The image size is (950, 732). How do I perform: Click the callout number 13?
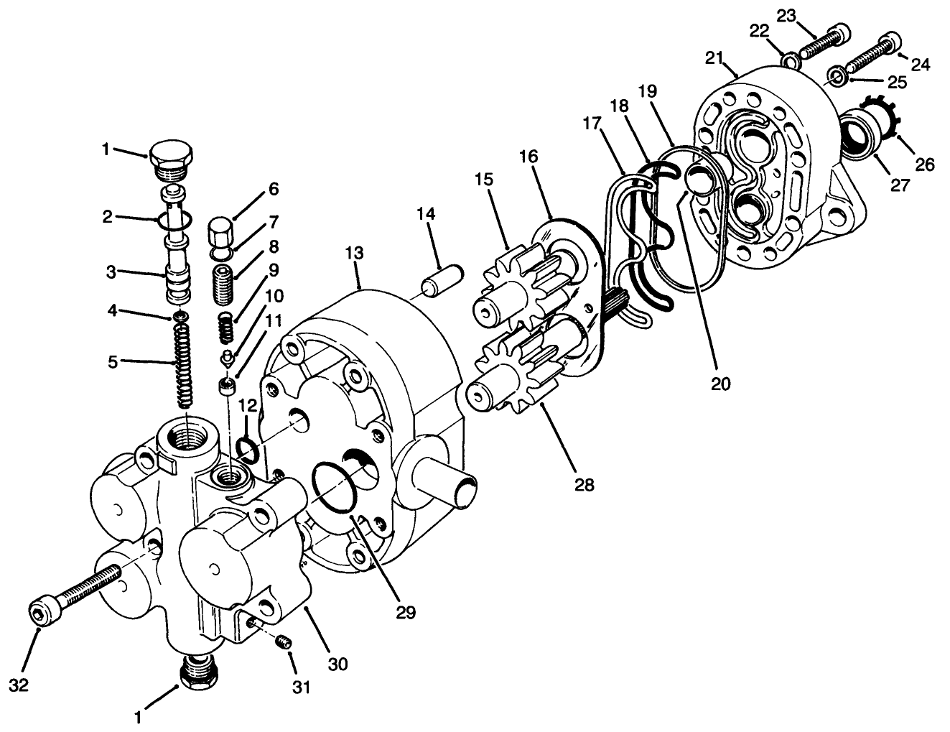(353, 254)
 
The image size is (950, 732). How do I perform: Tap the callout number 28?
(584, 485)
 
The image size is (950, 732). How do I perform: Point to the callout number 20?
(720, 384)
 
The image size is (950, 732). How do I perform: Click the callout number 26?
(924, 165)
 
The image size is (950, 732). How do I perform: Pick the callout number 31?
(301, 687)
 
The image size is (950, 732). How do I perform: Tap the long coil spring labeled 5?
(185, 363)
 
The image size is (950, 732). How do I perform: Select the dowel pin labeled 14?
(443, 279)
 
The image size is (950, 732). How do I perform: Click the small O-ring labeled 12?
(248, 450)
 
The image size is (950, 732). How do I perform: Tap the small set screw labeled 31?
(285, 639)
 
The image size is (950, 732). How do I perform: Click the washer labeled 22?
(791, 60)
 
